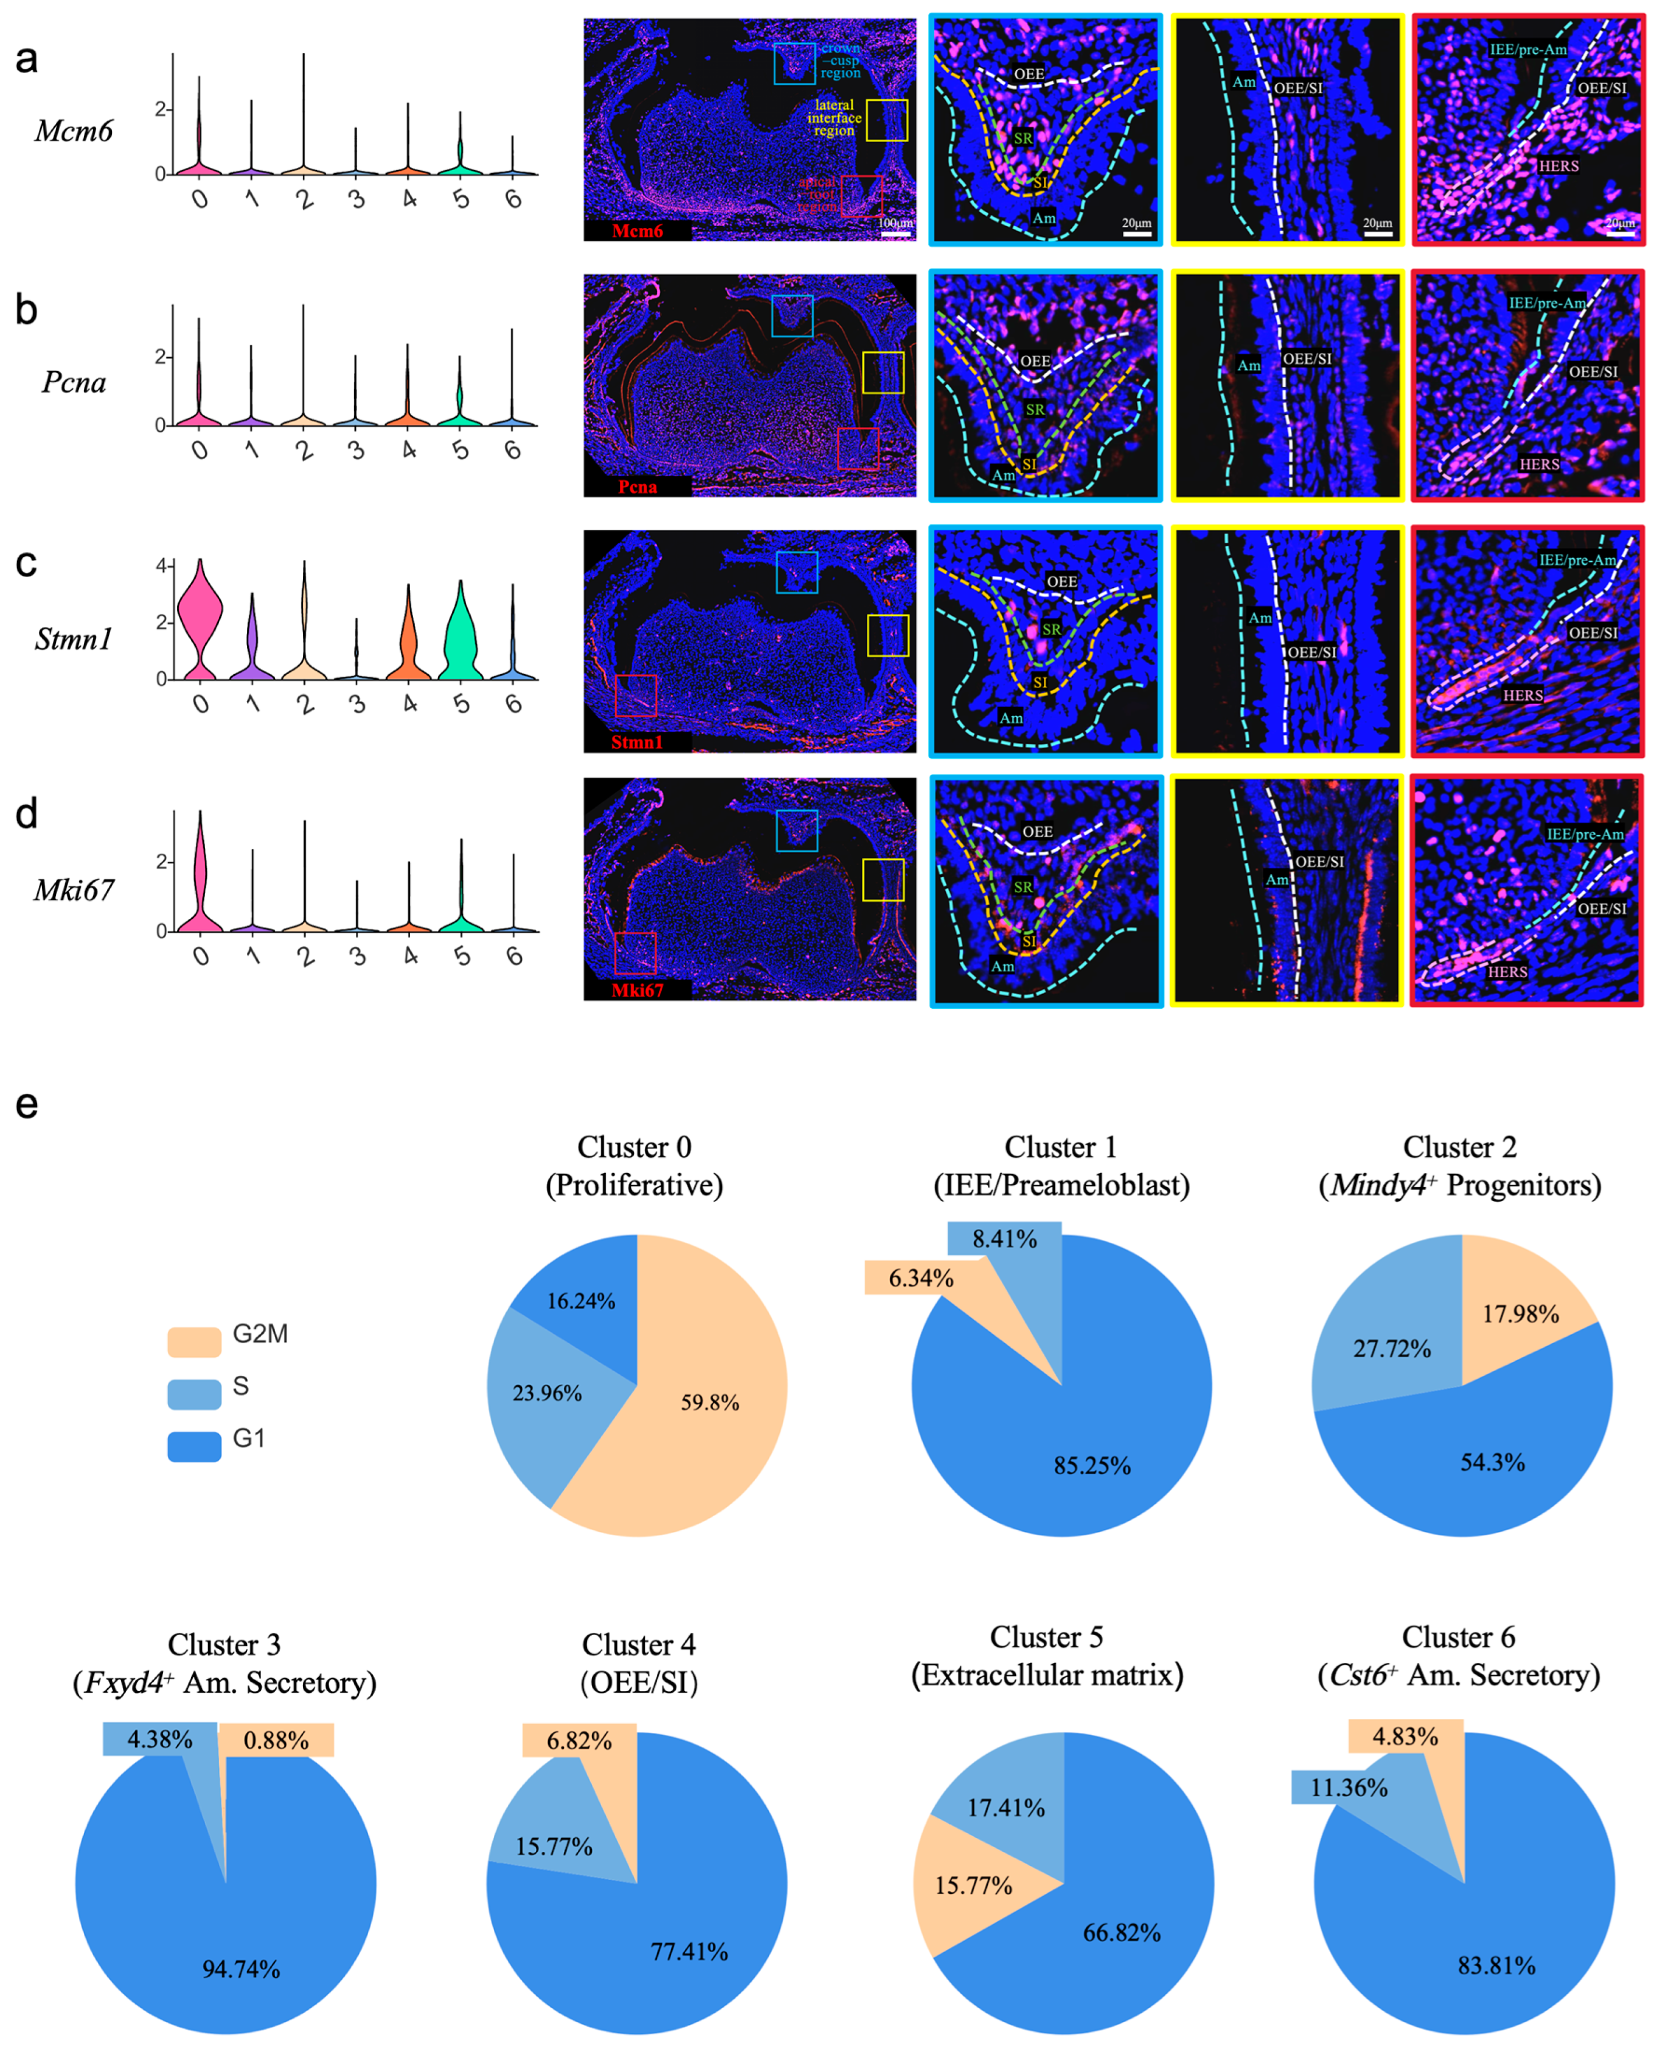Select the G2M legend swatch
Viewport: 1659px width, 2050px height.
click(194, 1341)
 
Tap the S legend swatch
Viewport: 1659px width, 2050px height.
click(194, 1393)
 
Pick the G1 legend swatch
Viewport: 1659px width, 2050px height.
click(194, 1446)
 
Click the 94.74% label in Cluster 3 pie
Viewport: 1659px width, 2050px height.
click(241, 1969)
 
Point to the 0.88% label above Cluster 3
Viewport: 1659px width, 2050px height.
click(276, 1739)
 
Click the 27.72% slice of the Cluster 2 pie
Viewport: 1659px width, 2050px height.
click(1392, 1348)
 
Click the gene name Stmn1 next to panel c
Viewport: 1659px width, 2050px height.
click(73, 639)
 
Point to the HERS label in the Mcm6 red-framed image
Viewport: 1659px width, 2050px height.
click(1558, 166)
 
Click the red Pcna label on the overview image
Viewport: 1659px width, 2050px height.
click(637, 487)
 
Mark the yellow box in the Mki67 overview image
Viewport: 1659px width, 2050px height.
click(883, 879)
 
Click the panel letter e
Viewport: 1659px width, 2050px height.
click(27, 1104)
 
